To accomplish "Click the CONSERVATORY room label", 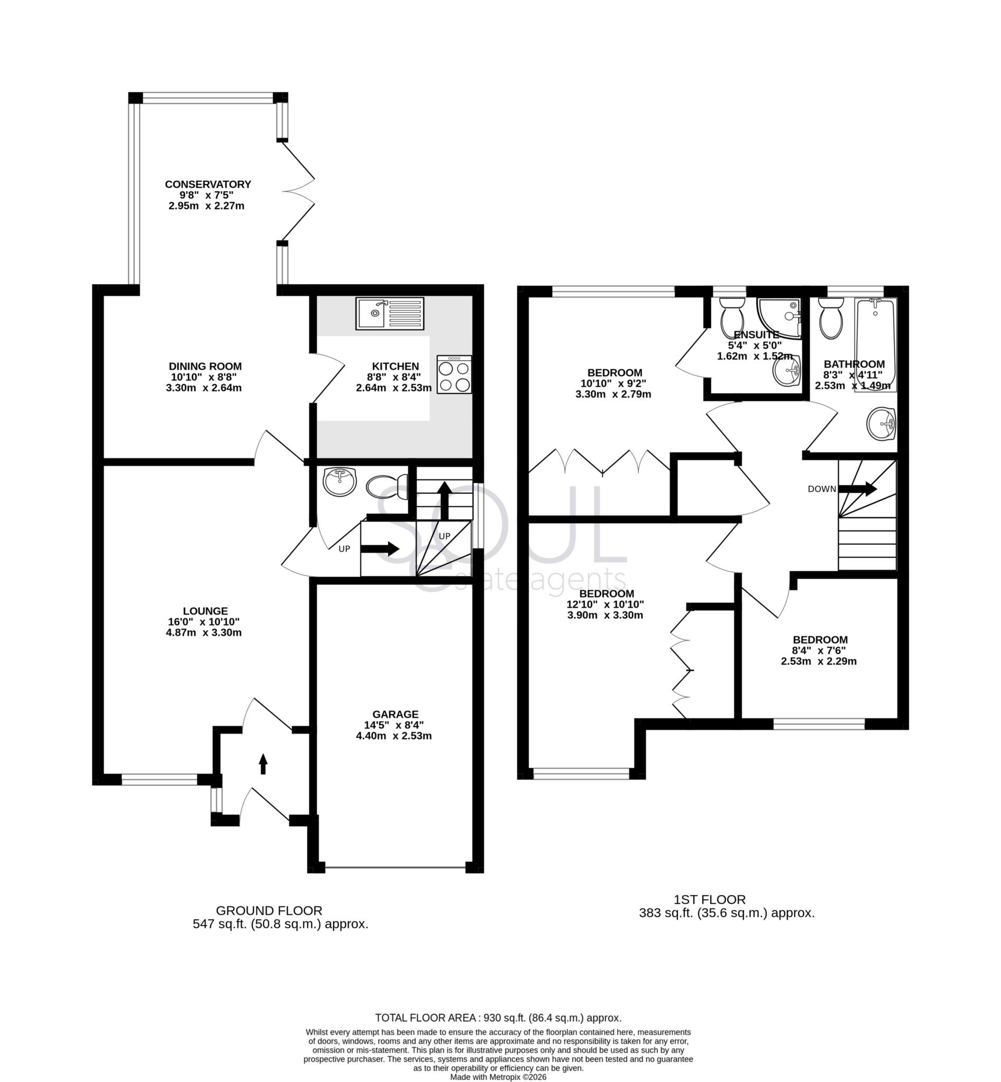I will (x=208, y=184).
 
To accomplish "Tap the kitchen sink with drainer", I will (x=390, y=313).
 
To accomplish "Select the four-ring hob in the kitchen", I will (x=454, y=374).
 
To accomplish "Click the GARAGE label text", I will (x=395, y=714).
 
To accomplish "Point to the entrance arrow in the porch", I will (x=263, y=764).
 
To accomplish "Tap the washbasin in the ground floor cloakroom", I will (x=339, y=481).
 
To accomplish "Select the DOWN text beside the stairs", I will (x=822, y=489).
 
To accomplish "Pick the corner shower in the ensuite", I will (x=780, y=318).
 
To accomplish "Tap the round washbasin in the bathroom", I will (x=881, y=424).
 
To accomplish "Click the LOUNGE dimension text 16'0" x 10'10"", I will (x=204, y=622).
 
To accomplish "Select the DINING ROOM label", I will (x=205, y=367).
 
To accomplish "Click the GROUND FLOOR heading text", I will (x=269, y=910).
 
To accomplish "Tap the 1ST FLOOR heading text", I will (x=710, y=900).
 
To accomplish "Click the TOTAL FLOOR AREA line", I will (x=498, y=1018).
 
